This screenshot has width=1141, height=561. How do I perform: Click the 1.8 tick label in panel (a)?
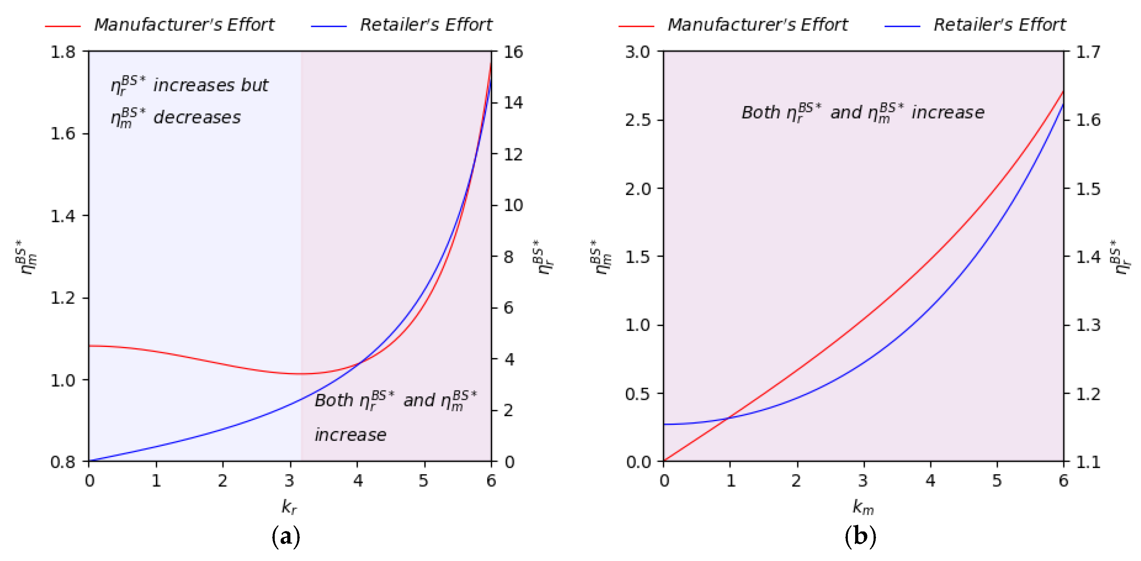pos(63,52)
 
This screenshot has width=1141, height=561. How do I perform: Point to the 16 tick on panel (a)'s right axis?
pos(513,52)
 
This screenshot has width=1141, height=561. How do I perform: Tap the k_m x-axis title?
pos(863,506)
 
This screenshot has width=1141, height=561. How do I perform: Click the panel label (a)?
pos(286,537)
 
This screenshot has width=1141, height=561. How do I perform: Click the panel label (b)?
pos(860,537)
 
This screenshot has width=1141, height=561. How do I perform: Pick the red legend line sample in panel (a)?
pos(63,26)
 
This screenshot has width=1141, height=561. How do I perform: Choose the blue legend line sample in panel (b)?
pos(902,26)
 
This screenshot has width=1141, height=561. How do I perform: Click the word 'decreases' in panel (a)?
pos(197,117)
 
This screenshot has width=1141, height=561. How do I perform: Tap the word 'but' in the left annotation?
pos(255,85)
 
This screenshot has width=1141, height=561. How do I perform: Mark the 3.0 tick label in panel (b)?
pos(637,52)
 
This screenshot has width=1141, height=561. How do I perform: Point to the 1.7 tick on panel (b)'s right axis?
pos(1088,52)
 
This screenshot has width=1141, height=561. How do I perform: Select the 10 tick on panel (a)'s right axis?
pos(513,205)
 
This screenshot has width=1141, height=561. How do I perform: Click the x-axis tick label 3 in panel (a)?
pos(289,480)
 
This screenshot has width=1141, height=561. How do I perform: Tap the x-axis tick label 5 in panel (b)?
pos(997,480)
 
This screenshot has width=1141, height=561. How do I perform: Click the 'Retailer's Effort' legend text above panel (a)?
pos(426,25)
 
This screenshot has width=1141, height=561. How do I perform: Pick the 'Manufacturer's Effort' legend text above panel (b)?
pos(757,25)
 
